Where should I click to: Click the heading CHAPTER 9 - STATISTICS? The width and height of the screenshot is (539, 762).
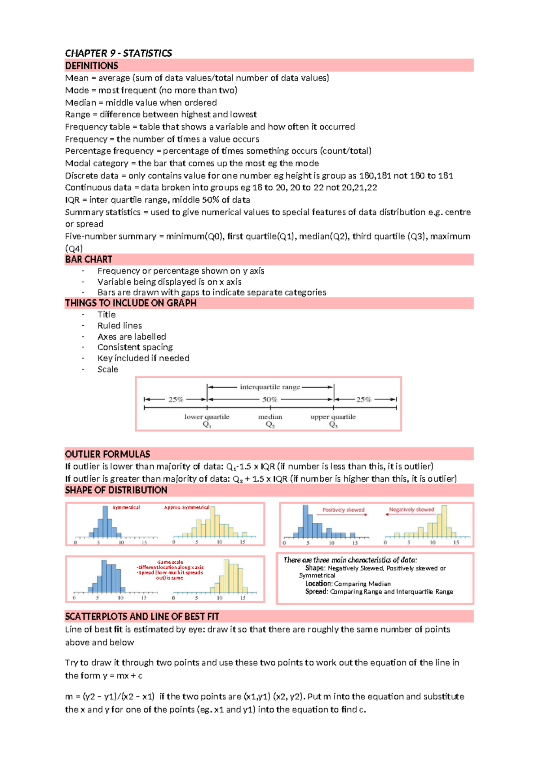(x=118, y=53)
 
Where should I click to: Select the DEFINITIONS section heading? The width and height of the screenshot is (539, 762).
(x=92, y=66)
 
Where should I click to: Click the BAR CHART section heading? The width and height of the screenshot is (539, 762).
(x=88, y=259)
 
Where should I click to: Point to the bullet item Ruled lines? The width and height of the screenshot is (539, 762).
(x=119, y=325)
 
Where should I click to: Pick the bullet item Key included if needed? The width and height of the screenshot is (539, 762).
(x=143, y=358)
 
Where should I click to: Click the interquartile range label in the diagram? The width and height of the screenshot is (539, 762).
(x=269, y=387)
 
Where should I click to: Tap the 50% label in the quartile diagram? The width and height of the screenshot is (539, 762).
(x=269, y=399)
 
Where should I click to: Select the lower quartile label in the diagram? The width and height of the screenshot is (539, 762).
(x=207, y=417)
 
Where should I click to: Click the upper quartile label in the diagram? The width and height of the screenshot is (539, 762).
(x=333, y=417)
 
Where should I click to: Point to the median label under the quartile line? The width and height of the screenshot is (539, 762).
(x=270, y=417)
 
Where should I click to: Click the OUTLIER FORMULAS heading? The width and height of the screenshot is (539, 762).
(x=107, y=454)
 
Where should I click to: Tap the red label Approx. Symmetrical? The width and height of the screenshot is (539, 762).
(x=186, y=507)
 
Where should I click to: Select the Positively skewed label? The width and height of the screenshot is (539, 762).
(x=343, y=509)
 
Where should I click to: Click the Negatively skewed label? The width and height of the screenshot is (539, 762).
(x=411, y=509)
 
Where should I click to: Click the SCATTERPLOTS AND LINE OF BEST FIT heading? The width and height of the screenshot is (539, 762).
(x=142, y=616)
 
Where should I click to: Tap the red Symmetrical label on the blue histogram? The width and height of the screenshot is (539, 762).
(x=126, y=507)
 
